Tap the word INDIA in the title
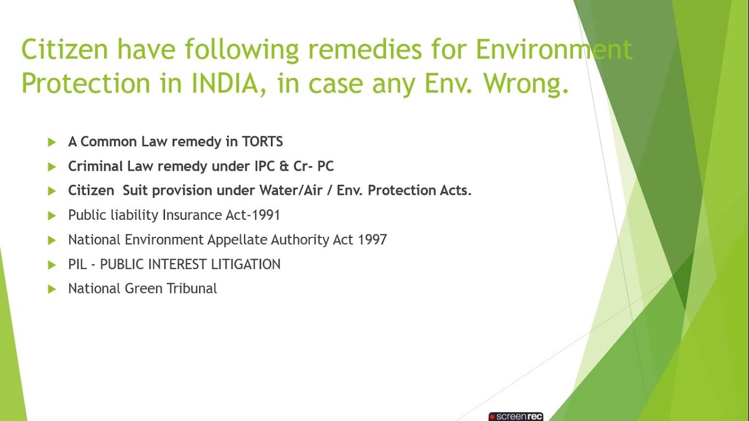225,83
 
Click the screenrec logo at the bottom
516,416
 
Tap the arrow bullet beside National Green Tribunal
52,289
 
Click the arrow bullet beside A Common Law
52,142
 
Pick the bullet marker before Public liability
52,216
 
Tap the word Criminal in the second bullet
95,166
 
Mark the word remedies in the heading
364,50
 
